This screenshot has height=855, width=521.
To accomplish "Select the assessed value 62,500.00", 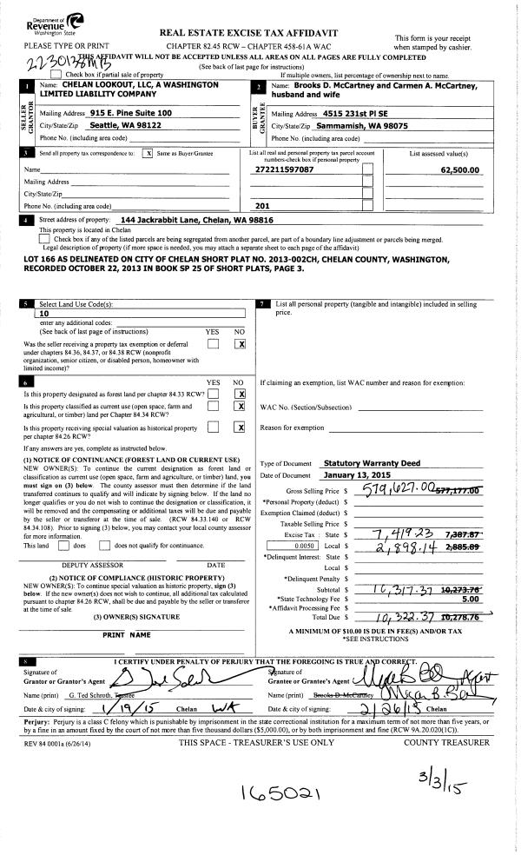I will pos(460,169).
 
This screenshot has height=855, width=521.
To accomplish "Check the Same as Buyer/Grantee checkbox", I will pos(148,153).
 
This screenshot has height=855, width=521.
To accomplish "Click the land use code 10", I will pos(45,315).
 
